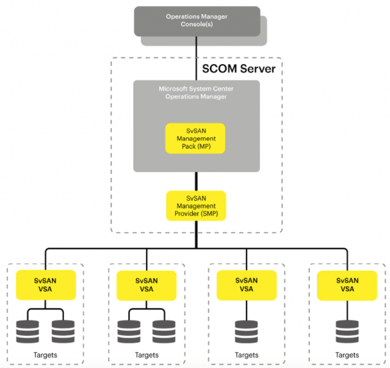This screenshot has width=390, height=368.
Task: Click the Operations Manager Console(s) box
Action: coord(197,21)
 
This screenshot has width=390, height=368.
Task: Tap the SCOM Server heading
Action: coord(239,69)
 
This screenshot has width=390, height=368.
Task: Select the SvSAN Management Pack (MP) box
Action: coord(195,139)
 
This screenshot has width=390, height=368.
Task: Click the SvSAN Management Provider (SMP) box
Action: coord(196,205)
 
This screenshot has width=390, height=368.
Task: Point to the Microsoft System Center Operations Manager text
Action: coord(196,93)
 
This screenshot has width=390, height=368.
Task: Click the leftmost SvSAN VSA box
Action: coord(45,285)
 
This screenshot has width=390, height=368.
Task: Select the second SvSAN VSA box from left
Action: coord(147,285)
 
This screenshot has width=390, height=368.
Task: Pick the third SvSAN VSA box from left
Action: coord(247,285)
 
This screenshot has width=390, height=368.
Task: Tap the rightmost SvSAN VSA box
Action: coord(347,285)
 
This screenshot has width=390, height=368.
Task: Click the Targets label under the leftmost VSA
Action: coord(45,355)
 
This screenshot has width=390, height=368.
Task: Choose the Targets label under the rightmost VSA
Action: coord(347,355)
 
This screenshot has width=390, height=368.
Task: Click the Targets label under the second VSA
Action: coord(147,355)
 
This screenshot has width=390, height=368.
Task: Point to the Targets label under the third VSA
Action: coord(247,355)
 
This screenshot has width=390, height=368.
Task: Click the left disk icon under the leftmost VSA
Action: coord(27,332)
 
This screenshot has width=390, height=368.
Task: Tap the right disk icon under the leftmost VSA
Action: coord(63,332)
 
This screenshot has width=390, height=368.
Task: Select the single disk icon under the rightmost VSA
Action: coord(347,332)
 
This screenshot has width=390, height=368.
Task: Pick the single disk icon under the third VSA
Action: coord(247,332)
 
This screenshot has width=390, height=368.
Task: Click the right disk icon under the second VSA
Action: coord(164,332)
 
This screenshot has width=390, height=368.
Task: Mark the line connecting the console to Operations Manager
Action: coord(196,59)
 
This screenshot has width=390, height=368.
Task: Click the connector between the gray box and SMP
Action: coord(196,181)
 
